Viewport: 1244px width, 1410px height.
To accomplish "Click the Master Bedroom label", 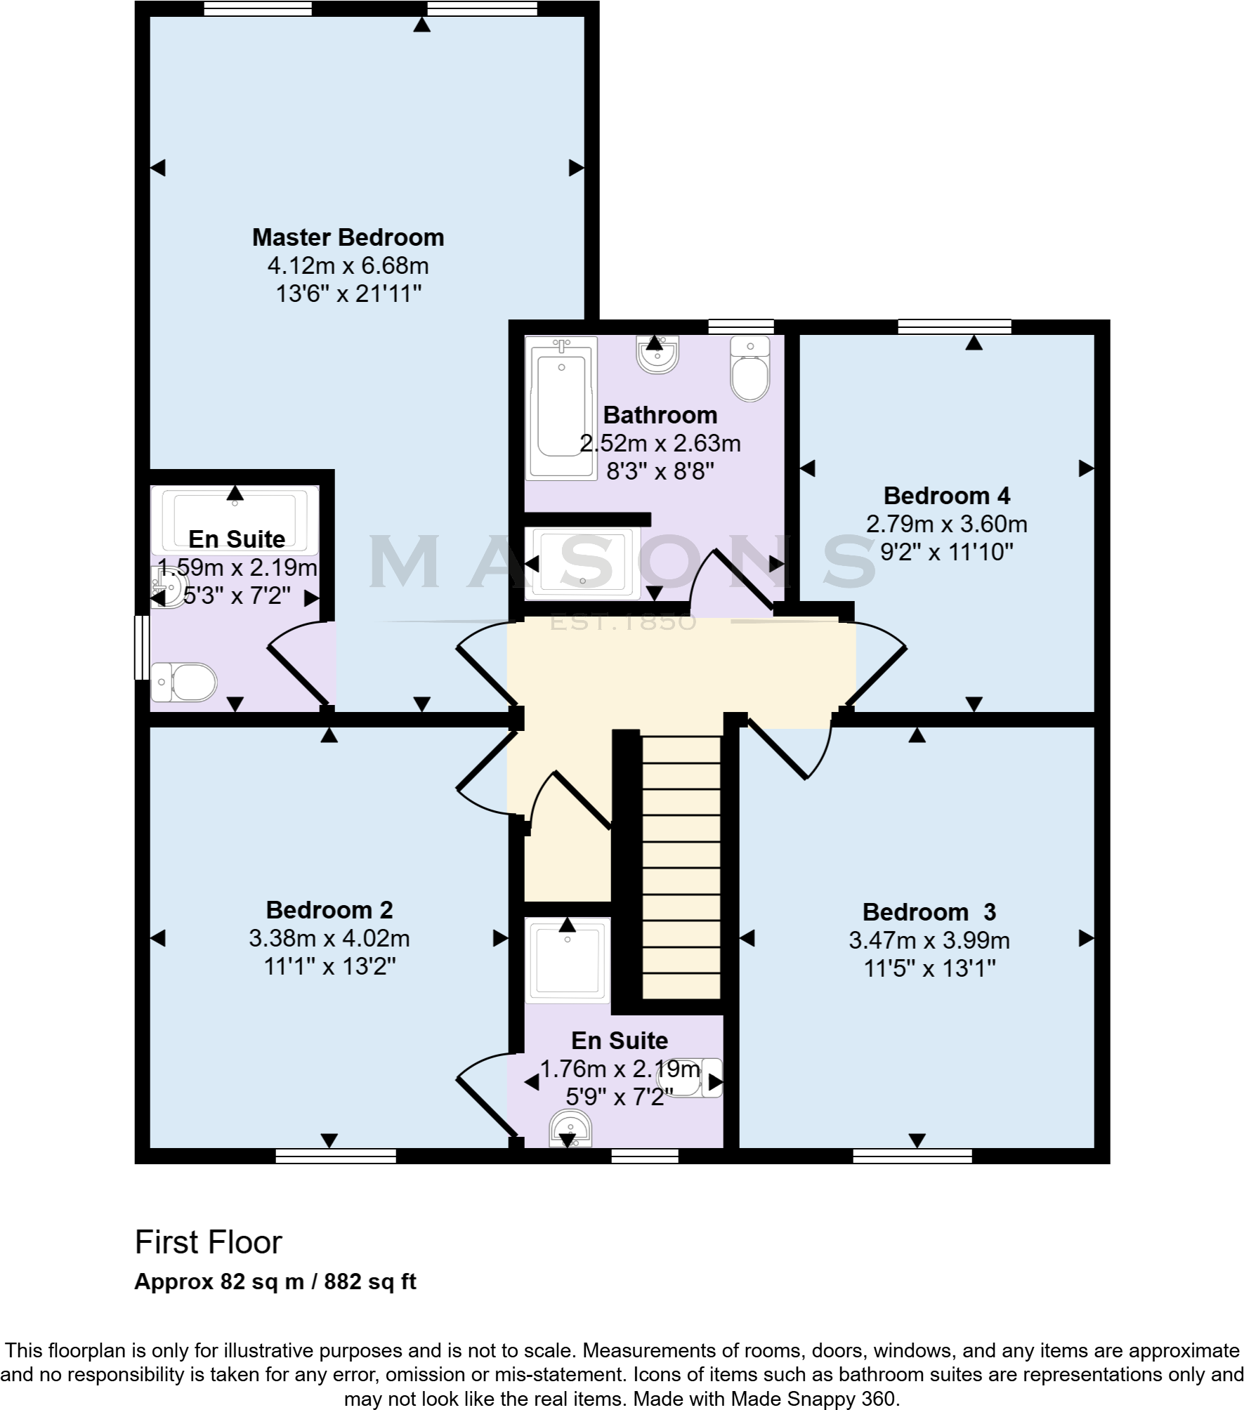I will pyautogui.click(x=348, y=237).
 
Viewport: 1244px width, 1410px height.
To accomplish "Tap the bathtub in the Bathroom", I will pyautogui.click(x=561, y=407).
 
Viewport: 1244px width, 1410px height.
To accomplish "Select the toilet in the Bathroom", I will pyautogui.click(x=749, y=369).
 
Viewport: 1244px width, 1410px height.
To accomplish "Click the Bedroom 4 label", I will pyautogui.click(x=946, y=496).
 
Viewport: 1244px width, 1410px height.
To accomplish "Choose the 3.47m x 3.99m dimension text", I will pyautogui.click(x=929, y=940).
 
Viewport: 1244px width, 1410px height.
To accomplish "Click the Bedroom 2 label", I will pyautogui.click(x=329, y=910).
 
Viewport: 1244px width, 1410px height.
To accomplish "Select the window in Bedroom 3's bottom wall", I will pyautogui.click(x=912, y=1156).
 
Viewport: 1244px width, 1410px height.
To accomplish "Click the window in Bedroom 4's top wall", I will pyautogui.click(x=954, y=327).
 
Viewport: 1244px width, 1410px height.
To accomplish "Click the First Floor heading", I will pyautogui.click(x=208, y=1242).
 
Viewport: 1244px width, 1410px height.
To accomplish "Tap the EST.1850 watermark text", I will pyautogui.click(x=622, y=622).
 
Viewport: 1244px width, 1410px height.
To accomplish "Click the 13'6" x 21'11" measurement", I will pyautogui.click(x=348, y=294).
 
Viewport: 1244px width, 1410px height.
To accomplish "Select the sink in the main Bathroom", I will pyautogui.click(x=657, y=355).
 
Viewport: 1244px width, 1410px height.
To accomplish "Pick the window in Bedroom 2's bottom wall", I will pyautogui.click(x=336, y=1156).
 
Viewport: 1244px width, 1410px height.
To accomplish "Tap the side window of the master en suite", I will pyautogui.click(x=141, y=647).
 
